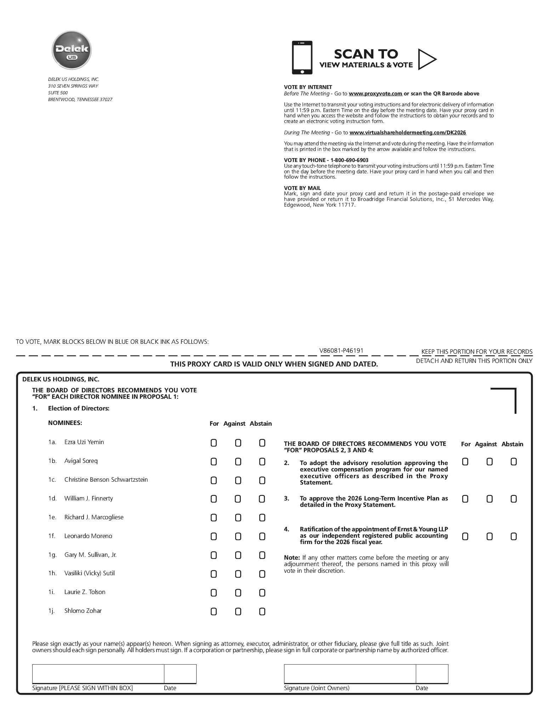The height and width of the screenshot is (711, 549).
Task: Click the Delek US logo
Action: [x=72, y=50]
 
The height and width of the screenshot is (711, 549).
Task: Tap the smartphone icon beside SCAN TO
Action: [x=302, y=57]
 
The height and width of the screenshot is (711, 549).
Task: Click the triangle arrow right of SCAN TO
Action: [x=426, y=59]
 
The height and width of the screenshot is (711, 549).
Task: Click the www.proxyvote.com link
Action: [x=375, y=94]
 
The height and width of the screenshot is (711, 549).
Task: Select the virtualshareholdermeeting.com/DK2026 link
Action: [x=408, y=133]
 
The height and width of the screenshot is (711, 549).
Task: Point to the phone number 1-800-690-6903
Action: [x=349, y=160]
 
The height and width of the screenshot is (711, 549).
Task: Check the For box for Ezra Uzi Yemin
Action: [x=214, y=443]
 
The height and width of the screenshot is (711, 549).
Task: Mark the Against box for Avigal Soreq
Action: [x=238, y=462]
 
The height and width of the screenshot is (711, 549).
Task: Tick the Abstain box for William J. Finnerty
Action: [x=262, y=499]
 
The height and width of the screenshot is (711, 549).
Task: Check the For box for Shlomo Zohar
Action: [x=214, y=611]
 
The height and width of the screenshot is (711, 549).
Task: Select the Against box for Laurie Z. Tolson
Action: [x=238, y=593]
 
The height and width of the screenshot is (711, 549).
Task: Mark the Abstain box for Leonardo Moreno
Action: [x=262, y=537]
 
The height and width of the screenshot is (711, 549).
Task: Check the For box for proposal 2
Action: [x=465, y=462]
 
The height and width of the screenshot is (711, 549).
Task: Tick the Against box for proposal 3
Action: [x=489, y=499]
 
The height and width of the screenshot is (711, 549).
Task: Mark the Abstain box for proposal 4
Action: [x=514, y=537]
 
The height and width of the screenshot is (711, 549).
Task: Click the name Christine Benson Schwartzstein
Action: [x=106, y=480]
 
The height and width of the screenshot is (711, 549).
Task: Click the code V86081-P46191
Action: [x=341, y=351]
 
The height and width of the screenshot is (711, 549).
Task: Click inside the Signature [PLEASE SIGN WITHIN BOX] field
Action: [x=98, y=674]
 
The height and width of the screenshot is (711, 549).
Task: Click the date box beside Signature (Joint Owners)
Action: [x=432, y=674]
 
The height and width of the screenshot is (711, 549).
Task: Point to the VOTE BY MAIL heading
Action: [x=302, y=188]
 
